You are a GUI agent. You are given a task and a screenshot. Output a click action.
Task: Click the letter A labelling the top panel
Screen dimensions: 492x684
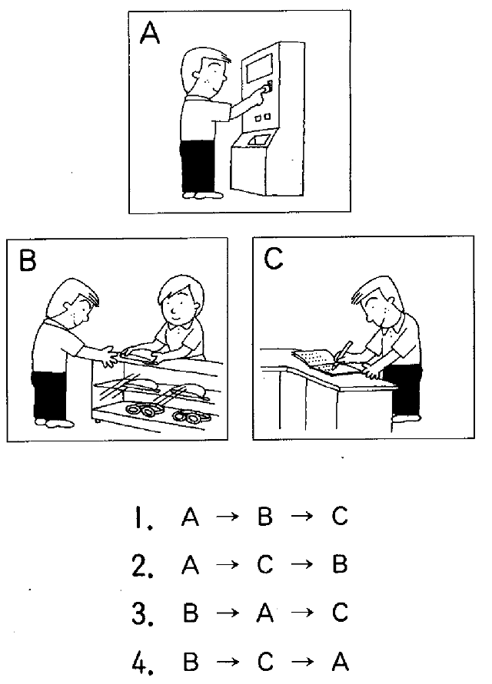pyautogui.click(x=149, y=34)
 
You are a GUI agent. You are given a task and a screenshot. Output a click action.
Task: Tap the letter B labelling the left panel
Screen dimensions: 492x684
pyautogui.click(x=28, y=261)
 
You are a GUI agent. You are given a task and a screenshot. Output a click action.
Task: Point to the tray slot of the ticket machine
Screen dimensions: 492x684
pyautogui.click(x=258, y=140)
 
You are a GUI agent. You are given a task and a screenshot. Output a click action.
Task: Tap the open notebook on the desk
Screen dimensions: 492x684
pyautogui.click(x=315, y=360)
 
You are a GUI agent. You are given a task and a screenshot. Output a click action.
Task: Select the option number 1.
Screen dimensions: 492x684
pyautogui.click(x=143, y=517)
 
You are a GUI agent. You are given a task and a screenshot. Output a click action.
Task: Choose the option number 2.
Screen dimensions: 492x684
pyautogui.click(x=142, y=566)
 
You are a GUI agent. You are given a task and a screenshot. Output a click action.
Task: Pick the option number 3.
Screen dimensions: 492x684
pyautogui.click(x=142, y=613)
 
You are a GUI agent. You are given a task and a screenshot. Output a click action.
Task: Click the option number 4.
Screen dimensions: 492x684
pyautogui.click(x=142, y=662)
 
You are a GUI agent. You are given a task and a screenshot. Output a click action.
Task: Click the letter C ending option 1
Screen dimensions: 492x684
pyautogui.click(x=340, y=516)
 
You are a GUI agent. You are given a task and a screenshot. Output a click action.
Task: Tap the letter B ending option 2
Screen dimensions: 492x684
pyautogui.click(x=340, y=563)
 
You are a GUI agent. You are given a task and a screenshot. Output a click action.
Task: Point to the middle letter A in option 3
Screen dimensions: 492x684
pyautogui.click(x=264, y=613)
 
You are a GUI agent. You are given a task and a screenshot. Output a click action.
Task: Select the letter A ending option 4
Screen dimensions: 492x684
pyautogui.click(x=341, y=661)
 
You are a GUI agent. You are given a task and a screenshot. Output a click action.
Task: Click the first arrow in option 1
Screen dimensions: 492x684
pyautogui.click(x=228, y=517)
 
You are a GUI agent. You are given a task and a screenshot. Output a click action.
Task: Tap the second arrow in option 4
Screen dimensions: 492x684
pyautogui.click(x=302, y=662)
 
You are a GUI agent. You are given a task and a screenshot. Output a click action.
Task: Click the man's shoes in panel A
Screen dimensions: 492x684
pyautogui.click(x=203, y=195)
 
